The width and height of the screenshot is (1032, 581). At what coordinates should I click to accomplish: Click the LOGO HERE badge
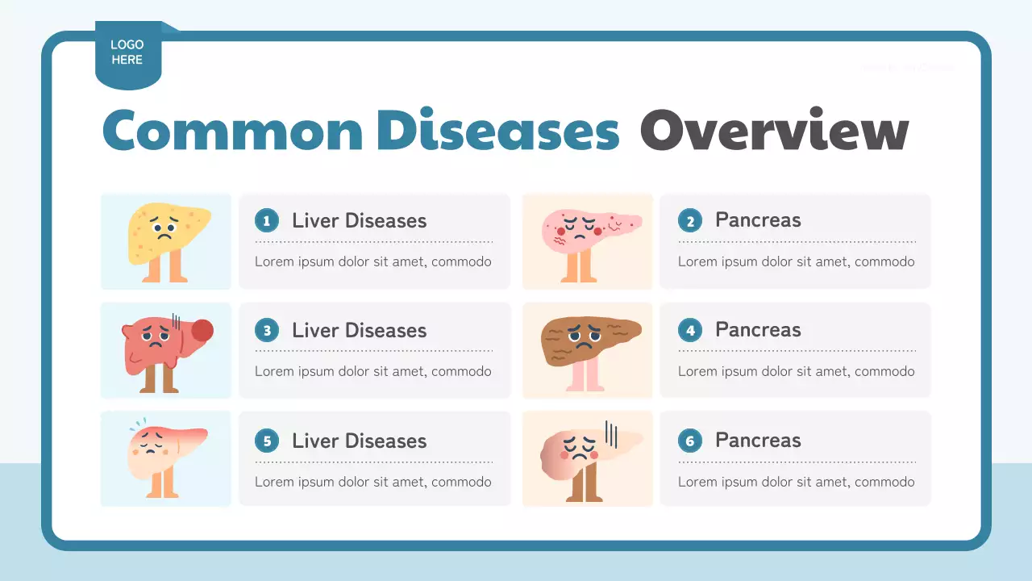point(127,53)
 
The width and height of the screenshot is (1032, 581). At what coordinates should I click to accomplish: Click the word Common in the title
point(233,131)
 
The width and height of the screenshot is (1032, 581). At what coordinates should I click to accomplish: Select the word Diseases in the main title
point(497,131)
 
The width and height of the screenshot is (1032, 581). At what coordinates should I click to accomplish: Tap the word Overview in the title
point(774,131)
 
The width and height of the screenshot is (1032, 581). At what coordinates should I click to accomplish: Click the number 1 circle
point(267,220)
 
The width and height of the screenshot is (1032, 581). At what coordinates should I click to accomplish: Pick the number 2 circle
point(690,220)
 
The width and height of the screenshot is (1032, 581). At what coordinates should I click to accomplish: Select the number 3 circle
point(267,330)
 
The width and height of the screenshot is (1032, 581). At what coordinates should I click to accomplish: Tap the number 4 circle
point(690,330)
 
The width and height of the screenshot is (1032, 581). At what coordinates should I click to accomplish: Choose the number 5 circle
point(267,441)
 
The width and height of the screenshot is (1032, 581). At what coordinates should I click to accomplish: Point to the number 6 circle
point(690,441)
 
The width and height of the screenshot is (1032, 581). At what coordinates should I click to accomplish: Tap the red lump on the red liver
point(202,330)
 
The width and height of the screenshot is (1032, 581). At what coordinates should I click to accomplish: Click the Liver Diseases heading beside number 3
point(359,330)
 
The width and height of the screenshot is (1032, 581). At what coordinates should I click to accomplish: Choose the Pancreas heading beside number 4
point(758,330)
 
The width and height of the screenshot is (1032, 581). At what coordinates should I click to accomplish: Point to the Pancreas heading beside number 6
point(758,441)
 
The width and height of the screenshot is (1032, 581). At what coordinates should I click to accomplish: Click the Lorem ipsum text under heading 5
point(372,482)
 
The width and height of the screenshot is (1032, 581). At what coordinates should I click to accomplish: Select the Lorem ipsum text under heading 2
point(796,261)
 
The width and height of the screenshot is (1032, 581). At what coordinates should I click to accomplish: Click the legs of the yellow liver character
point(165,268)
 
